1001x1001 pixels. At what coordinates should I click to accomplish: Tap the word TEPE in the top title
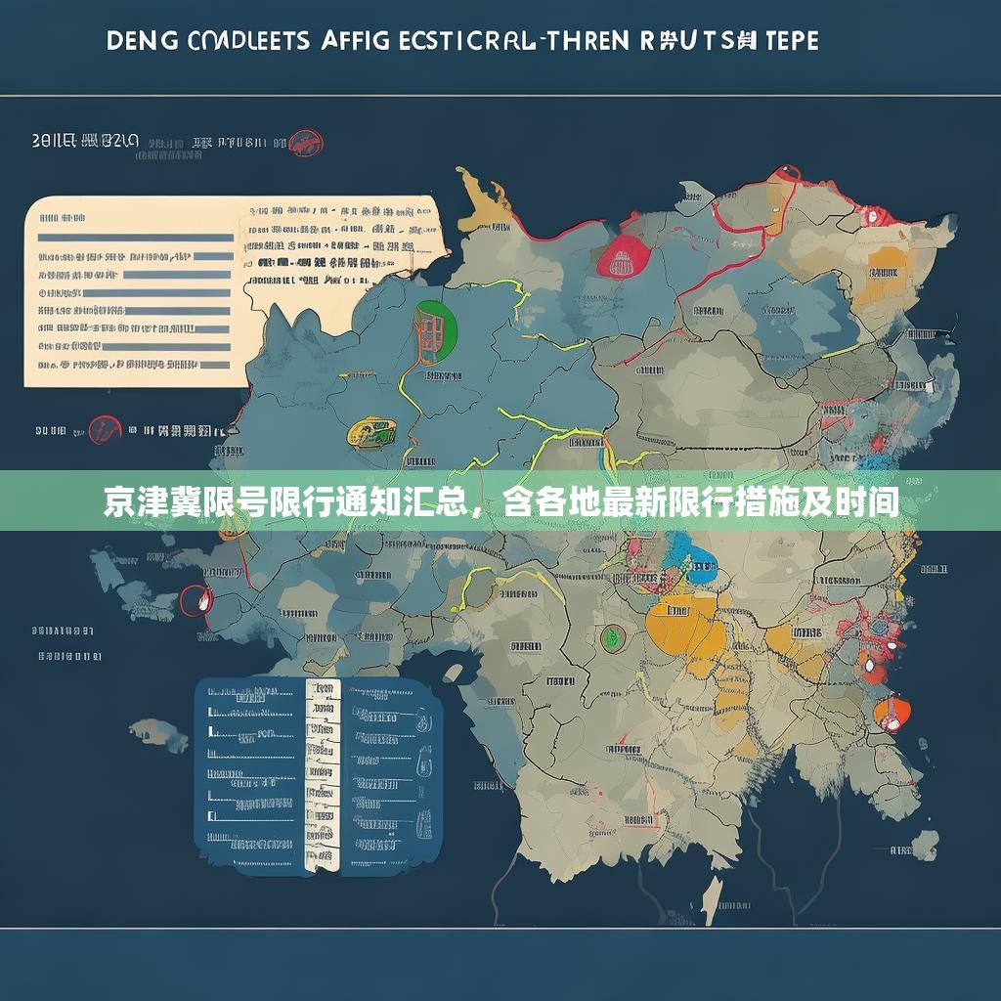[x=782, y=41]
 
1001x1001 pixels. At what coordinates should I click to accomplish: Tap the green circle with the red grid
[x=435, y=326]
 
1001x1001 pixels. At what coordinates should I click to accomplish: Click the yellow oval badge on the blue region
[x=371, y=431]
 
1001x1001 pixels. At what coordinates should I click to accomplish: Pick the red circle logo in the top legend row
[x=306, y=143]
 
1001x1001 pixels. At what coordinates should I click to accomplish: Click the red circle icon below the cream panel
[x=104, y=429]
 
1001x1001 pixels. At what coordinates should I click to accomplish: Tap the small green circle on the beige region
[x=613, y=637]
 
